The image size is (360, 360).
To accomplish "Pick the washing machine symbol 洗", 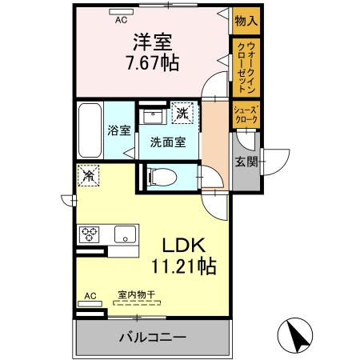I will click(182, 114).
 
